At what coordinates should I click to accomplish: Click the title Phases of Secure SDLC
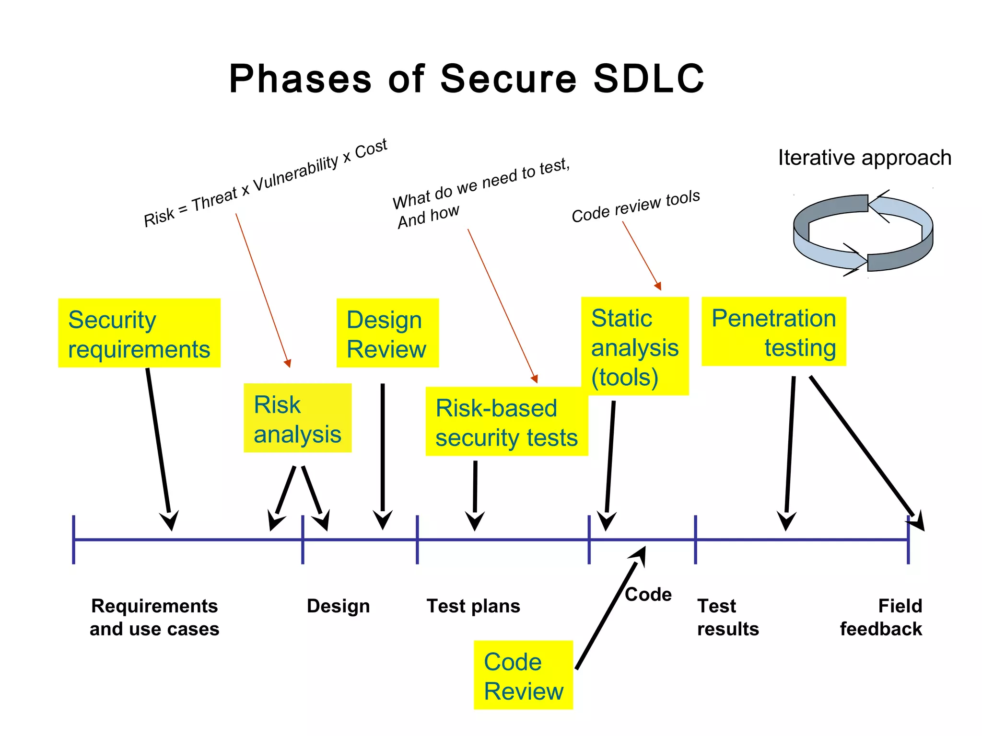(467, 79)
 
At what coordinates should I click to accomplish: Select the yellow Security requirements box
(139, 333)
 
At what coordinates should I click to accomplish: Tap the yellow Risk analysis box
(297, 418)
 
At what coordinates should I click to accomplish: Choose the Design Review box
(387, 333)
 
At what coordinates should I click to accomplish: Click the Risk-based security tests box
(506, 422)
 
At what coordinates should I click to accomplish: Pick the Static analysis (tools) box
(634, 346)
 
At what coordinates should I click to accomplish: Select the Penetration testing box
(773, 332)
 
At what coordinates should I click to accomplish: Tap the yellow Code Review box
(523, 675)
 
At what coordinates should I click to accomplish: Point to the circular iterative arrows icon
(863, 233)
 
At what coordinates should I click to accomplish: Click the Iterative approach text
(865, 158)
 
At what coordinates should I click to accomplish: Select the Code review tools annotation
(635, 206)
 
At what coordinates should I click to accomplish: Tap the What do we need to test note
(479, 192)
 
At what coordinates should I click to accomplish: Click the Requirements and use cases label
(154, 617)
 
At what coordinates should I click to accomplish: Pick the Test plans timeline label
(473, 606)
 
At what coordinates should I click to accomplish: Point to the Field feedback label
(881, 617)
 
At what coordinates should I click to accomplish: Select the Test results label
(728, 617)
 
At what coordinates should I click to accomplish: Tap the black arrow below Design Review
(383, 455)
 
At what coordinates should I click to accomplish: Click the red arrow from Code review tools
(642, 255)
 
